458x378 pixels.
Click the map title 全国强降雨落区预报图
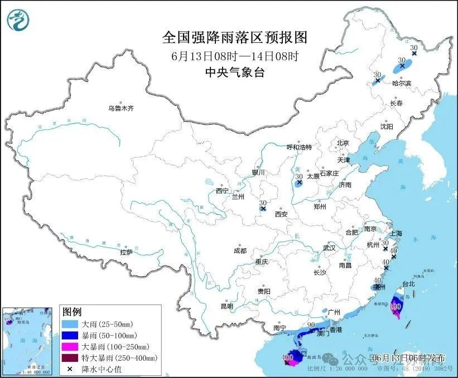[234, 37]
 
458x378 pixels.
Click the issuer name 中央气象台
[234, 72]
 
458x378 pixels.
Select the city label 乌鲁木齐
[121, 108]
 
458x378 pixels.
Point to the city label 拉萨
[126, 252]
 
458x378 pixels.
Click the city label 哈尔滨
[401, 83]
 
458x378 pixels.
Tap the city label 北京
[343, 143]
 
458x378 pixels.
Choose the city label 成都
[240, 251]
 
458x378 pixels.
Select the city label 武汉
[329, 248]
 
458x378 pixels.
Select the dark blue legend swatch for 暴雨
[70, 335]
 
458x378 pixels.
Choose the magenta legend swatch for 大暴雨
[70, 346]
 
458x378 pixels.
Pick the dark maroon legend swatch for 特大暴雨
[70, 357]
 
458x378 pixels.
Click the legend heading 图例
[72, 311]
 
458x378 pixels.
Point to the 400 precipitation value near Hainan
[288, 356]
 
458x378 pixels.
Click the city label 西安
[281, 214]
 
